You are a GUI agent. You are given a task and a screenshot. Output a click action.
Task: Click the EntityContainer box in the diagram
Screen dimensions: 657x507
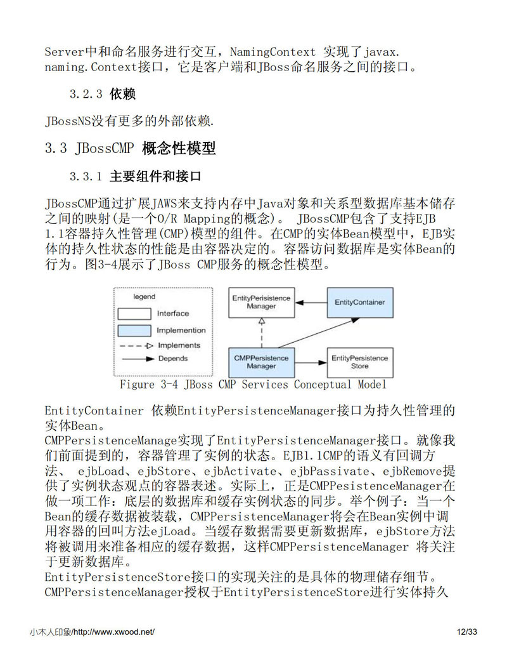359,302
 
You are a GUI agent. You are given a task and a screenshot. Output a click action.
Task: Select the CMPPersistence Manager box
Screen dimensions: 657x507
261,362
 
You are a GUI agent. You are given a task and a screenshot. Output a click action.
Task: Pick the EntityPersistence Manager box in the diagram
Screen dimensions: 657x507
261,302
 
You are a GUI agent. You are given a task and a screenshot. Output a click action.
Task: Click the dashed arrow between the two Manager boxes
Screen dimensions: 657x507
261,332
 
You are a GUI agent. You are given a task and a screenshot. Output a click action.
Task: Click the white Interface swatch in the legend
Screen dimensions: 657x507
134,314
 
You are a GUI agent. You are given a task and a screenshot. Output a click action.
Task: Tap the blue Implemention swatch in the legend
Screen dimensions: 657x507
134,330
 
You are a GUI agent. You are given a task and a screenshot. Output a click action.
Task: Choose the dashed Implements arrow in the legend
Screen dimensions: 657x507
134,346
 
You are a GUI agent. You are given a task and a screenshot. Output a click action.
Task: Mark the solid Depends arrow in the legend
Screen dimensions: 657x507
134,359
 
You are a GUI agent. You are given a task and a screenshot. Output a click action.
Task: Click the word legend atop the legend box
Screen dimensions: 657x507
144,296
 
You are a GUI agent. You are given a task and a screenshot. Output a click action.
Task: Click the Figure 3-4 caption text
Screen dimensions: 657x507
253,385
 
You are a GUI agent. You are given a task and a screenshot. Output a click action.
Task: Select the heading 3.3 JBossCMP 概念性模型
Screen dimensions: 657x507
131,149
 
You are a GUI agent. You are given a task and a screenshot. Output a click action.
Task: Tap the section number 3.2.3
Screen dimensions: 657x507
86,95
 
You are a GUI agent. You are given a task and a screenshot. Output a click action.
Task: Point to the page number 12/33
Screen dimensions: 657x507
466,632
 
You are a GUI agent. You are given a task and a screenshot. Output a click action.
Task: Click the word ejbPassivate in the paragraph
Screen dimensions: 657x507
329,472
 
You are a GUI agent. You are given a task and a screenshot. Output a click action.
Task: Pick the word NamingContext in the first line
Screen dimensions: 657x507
273,51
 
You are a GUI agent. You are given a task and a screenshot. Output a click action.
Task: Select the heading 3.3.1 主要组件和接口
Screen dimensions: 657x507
136,176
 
